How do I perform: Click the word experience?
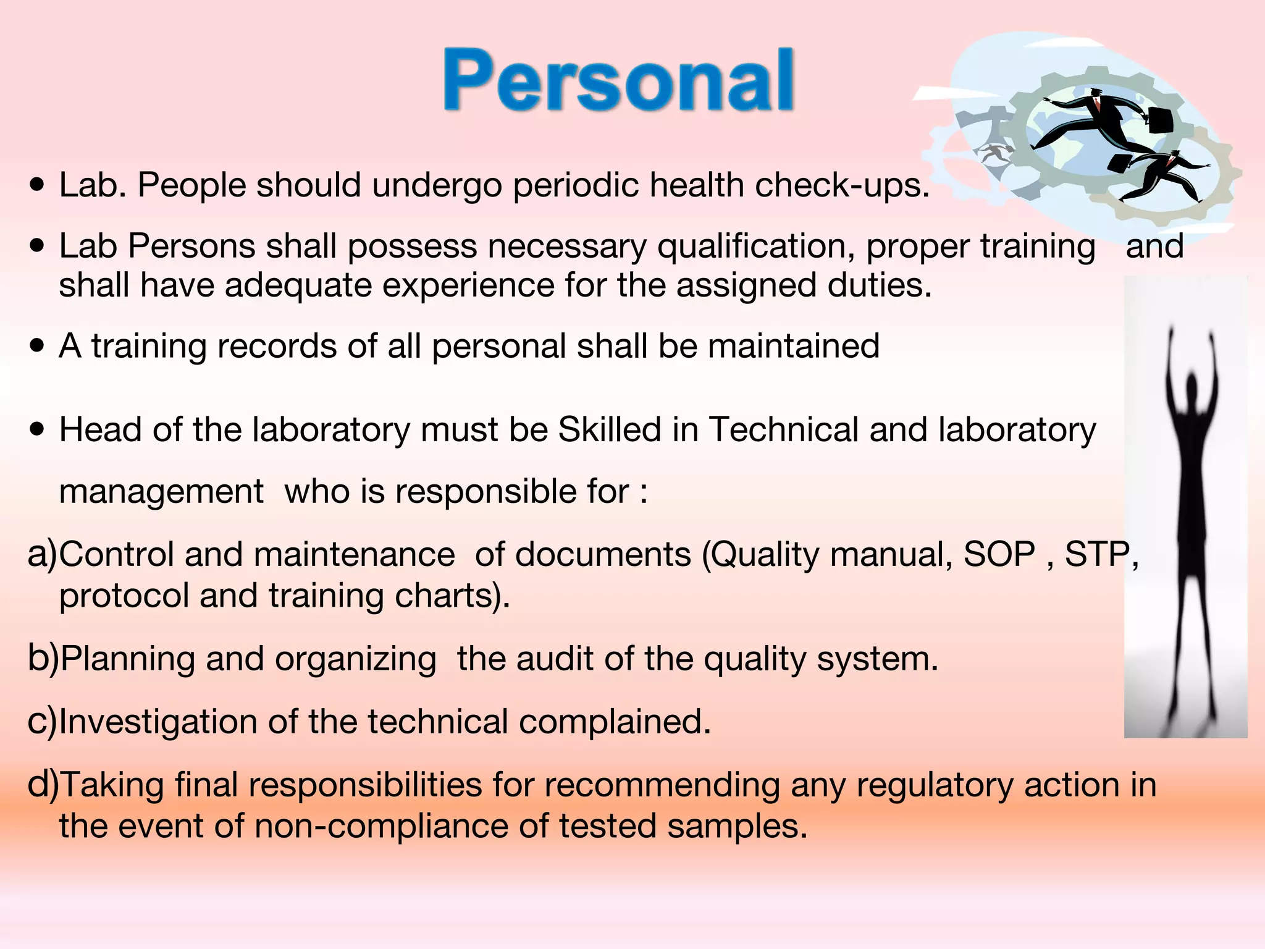tap(468, 286)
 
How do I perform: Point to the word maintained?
tap(794, 345)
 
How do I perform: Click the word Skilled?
tap(609, 429)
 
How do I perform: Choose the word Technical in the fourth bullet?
tap(783, 429)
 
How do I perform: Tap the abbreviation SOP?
tap(999, 554)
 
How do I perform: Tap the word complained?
tap(614, 722)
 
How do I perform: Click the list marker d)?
tap(43, 785)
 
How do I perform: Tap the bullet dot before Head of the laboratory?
tap(38, 429)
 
